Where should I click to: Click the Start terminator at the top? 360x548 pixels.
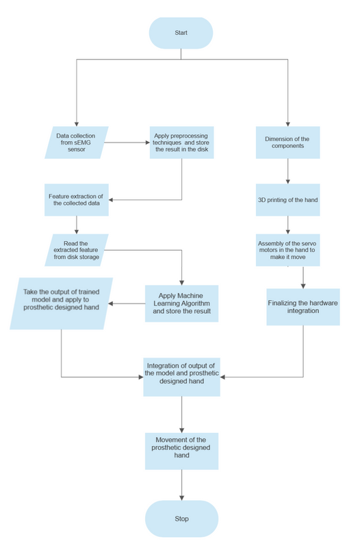click(181, 33)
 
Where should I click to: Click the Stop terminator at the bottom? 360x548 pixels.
click(181, 519)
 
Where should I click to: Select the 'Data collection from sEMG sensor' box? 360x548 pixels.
click(77, 142)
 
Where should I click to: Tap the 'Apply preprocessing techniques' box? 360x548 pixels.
click(181, 142)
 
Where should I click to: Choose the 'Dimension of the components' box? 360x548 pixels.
click(287, 142)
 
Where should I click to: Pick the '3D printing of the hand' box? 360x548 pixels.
click(287, 200)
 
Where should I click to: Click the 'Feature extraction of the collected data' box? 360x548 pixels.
click(77, 200)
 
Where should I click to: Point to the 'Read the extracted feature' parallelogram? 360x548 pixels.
click(77, 250)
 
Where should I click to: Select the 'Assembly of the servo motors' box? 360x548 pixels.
click(287, 250)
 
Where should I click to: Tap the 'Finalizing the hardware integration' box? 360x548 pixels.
click(303, 307)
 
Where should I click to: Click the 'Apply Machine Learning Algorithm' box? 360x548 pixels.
click(181, 303)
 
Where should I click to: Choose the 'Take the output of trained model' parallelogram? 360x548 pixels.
click(61, 303)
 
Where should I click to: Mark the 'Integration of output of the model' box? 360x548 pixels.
click(181, 377)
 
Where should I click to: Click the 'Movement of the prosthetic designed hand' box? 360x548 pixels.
click(181, 451)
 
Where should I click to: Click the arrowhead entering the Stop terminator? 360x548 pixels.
click(181, 498)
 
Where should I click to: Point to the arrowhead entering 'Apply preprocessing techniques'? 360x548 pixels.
click(147, 142)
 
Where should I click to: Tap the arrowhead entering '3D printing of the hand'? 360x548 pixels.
click(287, 182)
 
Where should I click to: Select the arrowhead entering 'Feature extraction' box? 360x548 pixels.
click(111, 200)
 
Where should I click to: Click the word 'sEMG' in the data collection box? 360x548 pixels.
click(82, 142)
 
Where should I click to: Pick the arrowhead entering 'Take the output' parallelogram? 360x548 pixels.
click(111, 303)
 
